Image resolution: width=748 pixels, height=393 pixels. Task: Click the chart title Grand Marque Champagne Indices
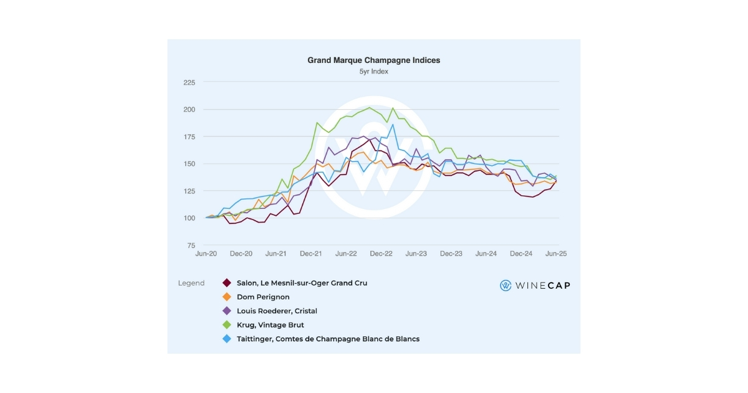click(x=373, y=61)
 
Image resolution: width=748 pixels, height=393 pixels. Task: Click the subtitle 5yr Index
click(x=373, y=72)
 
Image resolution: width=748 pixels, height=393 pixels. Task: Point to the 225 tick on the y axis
click(x=189, y=82)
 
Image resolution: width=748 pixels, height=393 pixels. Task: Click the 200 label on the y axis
click(x=189, y=110)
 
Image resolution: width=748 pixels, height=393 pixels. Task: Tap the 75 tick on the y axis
click(x=191, y=246)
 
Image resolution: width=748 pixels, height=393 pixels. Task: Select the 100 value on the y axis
click(x=189, y=218)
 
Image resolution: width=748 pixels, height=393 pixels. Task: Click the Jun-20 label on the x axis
click(x=206, y=254)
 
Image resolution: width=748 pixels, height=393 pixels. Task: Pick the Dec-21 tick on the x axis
click(x=311, y=254)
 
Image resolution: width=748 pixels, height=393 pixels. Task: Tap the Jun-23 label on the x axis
click(x=416, y=254)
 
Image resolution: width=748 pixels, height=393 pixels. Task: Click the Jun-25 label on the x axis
click(x=555, y=254)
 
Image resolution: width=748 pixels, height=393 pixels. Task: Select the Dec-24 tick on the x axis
click(x=521, y=254)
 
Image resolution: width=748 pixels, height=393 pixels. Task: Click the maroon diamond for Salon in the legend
click(x=227, y=283)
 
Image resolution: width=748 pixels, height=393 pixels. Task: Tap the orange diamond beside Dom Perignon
click(x=227, y=297)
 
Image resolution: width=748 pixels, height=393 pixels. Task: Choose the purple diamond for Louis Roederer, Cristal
click(x=227, y=311)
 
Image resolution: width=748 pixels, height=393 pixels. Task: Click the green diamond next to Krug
click(x=227, y=325)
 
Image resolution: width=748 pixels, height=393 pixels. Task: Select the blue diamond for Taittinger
click(x=227, y=339)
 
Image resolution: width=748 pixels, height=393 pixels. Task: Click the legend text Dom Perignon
click(x=263, y=297)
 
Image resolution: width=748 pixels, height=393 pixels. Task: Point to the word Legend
click(x=191, y=283)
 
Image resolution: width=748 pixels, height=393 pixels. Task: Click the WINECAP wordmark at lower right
click(x=542, y=286)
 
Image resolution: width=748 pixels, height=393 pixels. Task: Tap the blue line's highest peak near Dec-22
click(x=393, y=124)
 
